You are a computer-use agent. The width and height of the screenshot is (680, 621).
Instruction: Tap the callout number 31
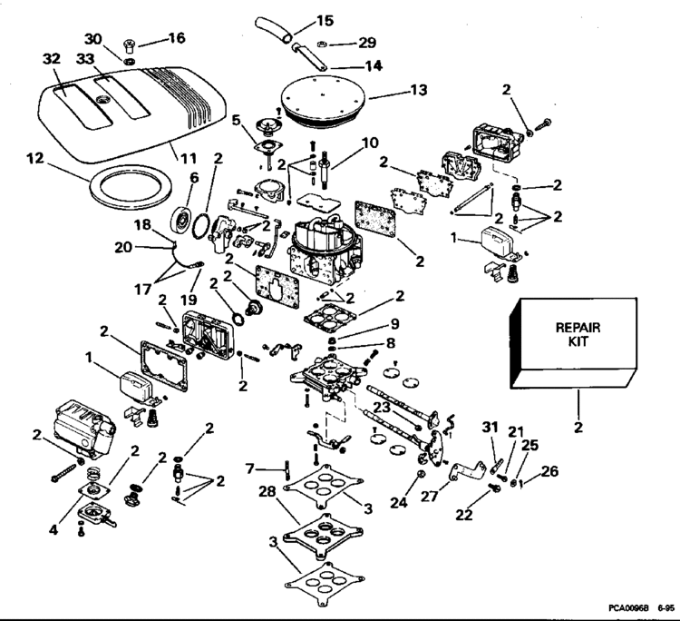pyautogui.click(x=490, y=428)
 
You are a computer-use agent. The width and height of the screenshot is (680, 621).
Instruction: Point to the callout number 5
pyautogui.click(x=235, y=119)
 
